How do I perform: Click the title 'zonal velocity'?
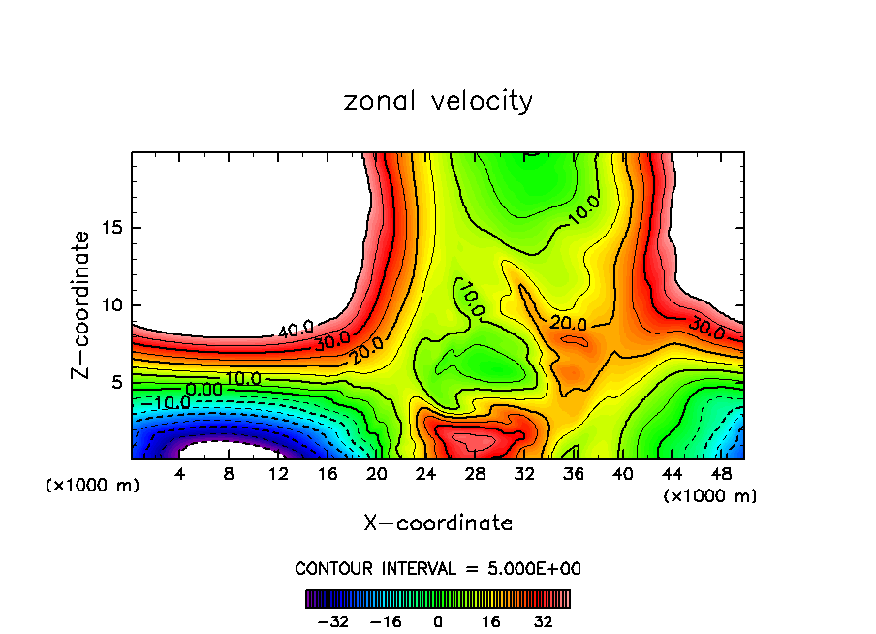(438, 101)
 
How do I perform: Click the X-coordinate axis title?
(438, 523)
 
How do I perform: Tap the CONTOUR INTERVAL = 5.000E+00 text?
(438, 568)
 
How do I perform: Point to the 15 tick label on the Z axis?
(111, 228)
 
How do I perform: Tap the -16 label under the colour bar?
(386, 621)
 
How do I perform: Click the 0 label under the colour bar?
(438, 621)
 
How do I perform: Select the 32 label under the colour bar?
(545, 621)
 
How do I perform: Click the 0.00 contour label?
(204, 389)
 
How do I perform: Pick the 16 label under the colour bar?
(491, 621)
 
